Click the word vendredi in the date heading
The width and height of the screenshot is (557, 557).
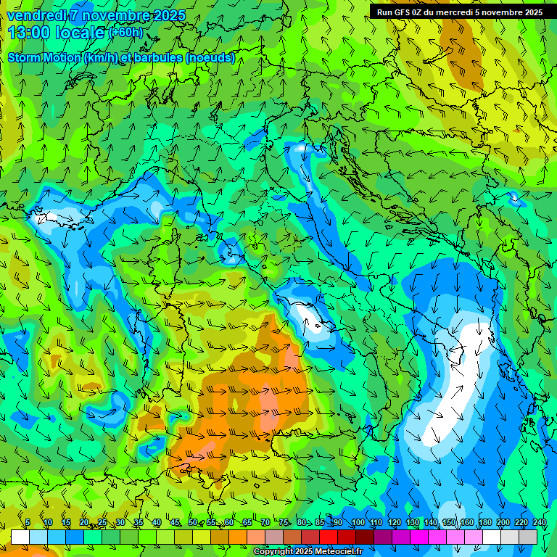point(34,15)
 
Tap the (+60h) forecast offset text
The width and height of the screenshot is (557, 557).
point(125,33)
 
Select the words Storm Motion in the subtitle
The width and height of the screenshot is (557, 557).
point(44,58)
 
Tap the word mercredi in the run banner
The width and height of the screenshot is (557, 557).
point(451,12)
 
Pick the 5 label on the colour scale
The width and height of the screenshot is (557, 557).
point(28,522)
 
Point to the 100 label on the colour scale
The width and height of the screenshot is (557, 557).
point(358,522)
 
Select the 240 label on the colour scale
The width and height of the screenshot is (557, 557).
point(539,522)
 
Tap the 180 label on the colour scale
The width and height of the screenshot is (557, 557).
point(484,522)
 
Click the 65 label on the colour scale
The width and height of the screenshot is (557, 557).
point(247,522)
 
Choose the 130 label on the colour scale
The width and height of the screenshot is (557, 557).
point(412,522)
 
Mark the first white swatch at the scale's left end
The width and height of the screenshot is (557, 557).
point(20,537)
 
